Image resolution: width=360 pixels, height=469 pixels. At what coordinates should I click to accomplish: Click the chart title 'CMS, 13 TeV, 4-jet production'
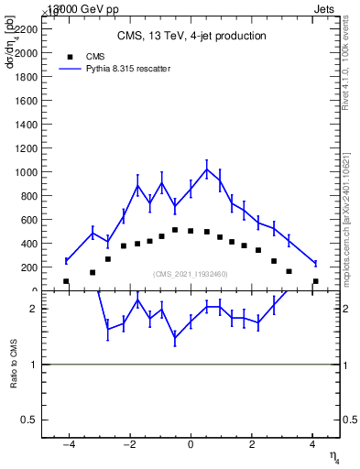tap(191, 37)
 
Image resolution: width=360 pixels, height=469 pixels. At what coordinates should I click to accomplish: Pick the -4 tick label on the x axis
tap(68, 446)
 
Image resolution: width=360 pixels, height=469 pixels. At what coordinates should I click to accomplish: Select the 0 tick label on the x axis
tap(191, 446)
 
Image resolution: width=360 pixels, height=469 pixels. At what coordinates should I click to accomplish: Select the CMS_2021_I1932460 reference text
tap(191, 274)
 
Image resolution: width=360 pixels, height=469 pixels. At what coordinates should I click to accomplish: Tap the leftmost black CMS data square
tap(66, 281)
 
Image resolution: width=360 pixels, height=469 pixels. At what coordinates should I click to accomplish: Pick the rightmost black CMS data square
tap(315, 281)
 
